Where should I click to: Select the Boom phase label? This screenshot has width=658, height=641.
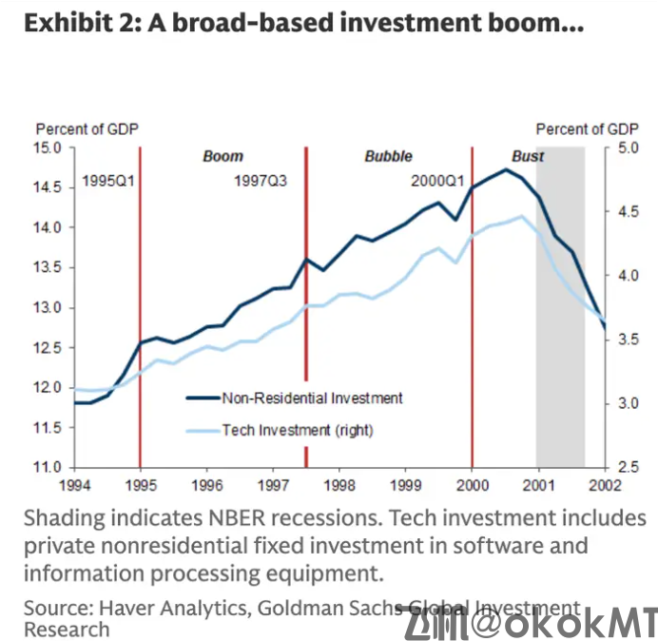[223, 156]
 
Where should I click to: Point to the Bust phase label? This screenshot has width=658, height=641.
[529, 156]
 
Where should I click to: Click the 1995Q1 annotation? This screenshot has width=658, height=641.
[109, 180]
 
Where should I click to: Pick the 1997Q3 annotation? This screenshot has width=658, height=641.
[261, 180]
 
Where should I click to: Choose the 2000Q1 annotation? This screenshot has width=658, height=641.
[438, 180]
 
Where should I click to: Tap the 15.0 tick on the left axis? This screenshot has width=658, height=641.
[49, 147]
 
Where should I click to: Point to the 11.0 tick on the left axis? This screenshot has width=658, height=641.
[49, 467]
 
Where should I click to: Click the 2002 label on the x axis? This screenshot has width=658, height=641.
[604, 484]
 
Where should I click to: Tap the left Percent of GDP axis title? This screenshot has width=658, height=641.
[87, 128]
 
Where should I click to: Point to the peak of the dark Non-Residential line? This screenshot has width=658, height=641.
[507, 170]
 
